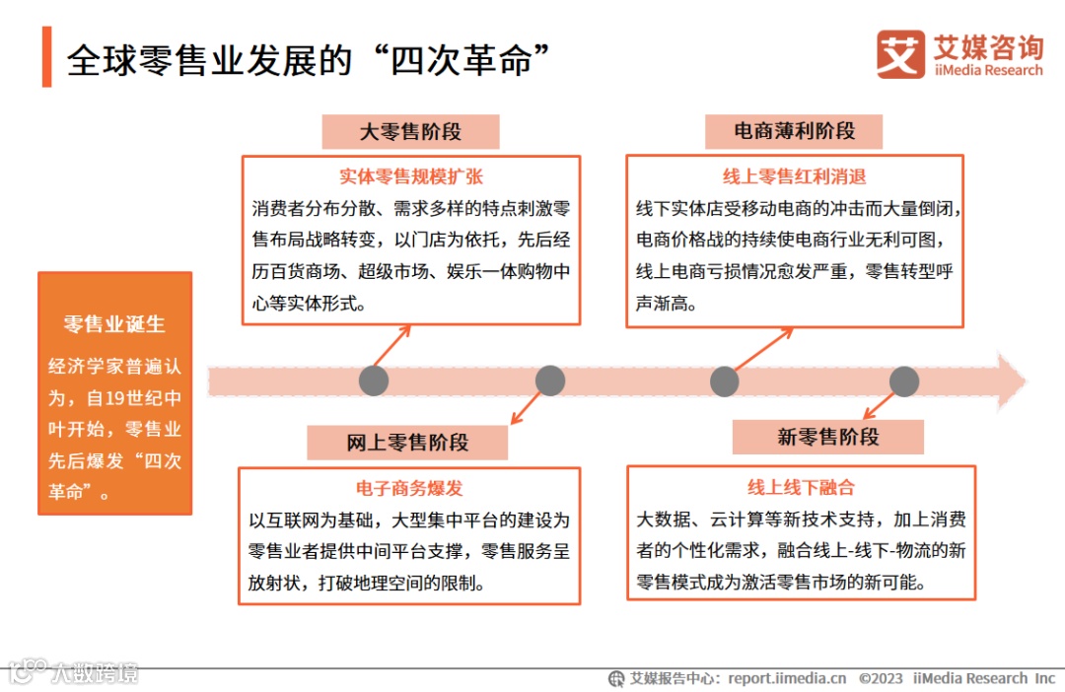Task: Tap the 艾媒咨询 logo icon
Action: [x=900, y=55]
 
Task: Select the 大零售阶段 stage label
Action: [x=410, y=132]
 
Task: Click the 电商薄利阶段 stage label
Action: [x=794, y=132]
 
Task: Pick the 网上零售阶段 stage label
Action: [x=407, y=443]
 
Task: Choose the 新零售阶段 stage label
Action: [x=827, y=437]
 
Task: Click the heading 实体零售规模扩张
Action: [x=411, y=177]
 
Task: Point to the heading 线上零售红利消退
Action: [x=794, y=177]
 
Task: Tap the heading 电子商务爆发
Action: [x=409, y=488]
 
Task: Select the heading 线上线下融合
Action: [x=801, y=487]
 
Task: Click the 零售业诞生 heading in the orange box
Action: [x=114, y=324]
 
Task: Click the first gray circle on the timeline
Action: [x=374, y=381]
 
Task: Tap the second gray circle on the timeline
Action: [x=549, y=381]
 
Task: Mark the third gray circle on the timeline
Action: [x=724, y=381]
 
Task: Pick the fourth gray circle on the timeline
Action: [x=903, y=381]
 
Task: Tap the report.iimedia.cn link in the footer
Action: [x=787, y=678]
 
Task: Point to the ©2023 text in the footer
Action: [x=881, y=678]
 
